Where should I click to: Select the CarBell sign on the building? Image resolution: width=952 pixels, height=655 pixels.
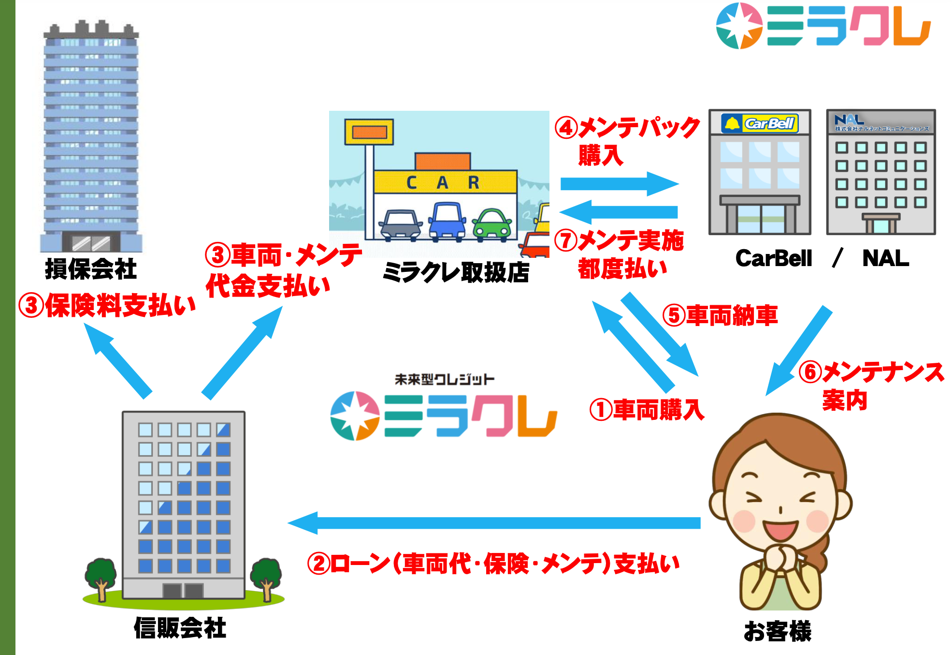pos(760,123)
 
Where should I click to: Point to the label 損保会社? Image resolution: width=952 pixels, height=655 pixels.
pos(90,269)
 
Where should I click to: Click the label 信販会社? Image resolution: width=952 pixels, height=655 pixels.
pos(180,628)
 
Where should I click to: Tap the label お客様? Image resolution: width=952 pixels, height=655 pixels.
pos(778,631)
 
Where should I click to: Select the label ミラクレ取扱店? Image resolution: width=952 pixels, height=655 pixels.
pos(456,272)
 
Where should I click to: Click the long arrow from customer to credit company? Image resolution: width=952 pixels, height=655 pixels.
pos(493,523)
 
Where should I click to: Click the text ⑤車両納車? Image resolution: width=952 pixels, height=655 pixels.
pos(720,315)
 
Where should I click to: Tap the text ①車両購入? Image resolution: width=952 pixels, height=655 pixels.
pos(647,410)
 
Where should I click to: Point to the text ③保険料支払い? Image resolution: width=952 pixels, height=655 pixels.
pos(107,306)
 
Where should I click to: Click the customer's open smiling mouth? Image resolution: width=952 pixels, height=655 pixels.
pos(779,531)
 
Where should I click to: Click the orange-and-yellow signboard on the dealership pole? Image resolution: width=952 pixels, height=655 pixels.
pos(369,132)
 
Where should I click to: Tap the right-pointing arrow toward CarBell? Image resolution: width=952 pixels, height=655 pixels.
pos(619,184)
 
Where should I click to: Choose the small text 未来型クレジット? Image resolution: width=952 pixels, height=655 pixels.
pos(444,379)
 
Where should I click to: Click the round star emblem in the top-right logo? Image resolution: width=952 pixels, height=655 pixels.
pos(739,26)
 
